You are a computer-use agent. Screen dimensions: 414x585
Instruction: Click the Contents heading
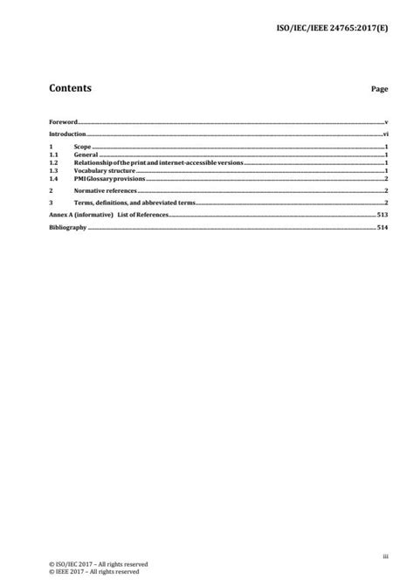point(71,88)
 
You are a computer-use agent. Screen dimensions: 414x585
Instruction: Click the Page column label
point(379,90)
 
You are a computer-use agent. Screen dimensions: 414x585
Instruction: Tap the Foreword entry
point(63,122)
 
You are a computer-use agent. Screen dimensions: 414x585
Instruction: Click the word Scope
point(83,148)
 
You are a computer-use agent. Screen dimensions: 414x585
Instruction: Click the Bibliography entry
point(67,227)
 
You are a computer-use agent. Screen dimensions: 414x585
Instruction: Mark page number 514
point(382,227)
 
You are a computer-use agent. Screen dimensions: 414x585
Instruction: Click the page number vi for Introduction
point(384,135)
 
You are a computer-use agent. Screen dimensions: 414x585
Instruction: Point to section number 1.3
point(52,170)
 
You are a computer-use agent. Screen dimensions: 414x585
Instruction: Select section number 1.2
point(52,163)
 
